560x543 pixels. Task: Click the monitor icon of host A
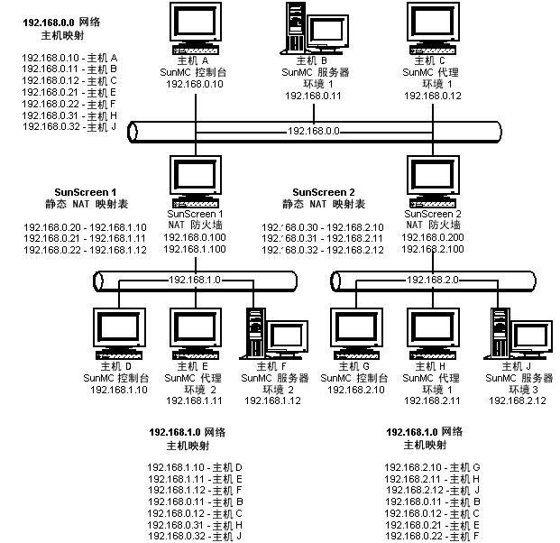click(196, 28)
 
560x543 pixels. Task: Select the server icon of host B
click(315, 28)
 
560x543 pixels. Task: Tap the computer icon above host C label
click(433, 28)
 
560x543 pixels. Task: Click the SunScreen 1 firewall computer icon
click(196, 181)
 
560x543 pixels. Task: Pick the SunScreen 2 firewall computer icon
click(433, 181)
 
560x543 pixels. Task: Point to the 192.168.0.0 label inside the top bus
click(314, 131)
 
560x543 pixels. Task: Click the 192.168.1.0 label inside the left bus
click(195, 280)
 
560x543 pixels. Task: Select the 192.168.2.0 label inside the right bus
click(433, 280)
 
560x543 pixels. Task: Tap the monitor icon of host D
click(119, 334)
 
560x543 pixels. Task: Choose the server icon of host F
click(274, 334)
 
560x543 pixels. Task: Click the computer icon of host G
click(356, 334)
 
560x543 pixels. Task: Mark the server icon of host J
click(518, 334)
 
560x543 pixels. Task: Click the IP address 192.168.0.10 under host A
click(195, 84)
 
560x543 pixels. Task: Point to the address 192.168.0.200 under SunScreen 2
click(433, 237)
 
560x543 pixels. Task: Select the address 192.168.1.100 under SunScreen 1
click(195, 249)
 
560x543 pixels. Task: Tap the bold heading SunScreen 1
click(86, 192)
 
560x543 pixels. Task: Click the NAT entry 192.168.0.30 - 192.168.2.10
click(323, 227)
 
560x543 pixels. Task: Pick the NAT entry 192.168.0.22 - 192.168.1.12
click(85, 250)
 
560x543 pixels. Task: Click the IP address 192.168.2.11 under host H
click(432, 400)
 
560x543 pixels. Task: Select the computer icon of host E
click(196, 334)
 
